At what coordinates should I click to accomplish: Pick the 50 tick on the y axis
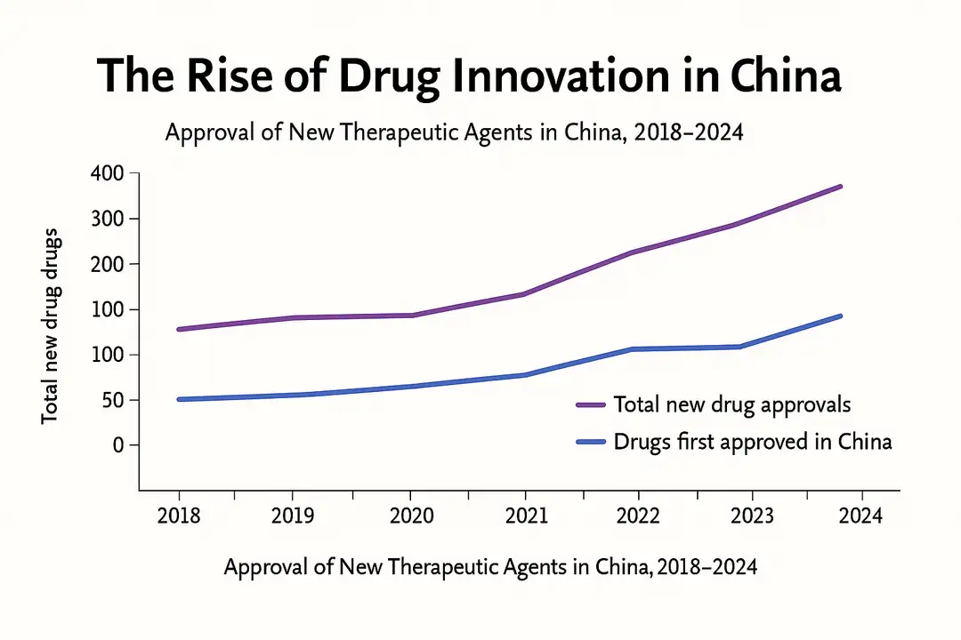coord(113,400)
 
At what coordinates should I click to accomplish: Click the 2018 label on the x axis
coord(179,516)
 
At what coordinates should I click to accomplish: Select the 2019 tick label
coord(294,516)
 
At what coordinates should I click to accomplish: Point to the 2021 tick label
coord(525,516)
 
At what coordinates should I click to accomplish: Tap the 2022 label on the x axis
coord(638,516)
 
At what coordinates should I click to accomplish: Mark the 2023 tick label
coord(752,516)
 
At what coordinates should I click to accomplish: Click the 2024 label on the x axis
coord(860,516)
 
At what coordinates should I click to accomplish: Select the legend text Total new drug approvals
coord(732,404)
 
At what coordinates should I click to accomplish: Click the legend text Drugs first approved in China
coord(753,441)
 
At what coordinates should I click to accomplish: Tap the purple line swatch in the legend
coord(591,404)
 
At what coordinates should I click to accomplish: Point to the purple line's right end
coord(841,187)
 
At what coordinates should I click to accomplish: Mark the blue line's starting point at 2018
coord(179,399)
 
